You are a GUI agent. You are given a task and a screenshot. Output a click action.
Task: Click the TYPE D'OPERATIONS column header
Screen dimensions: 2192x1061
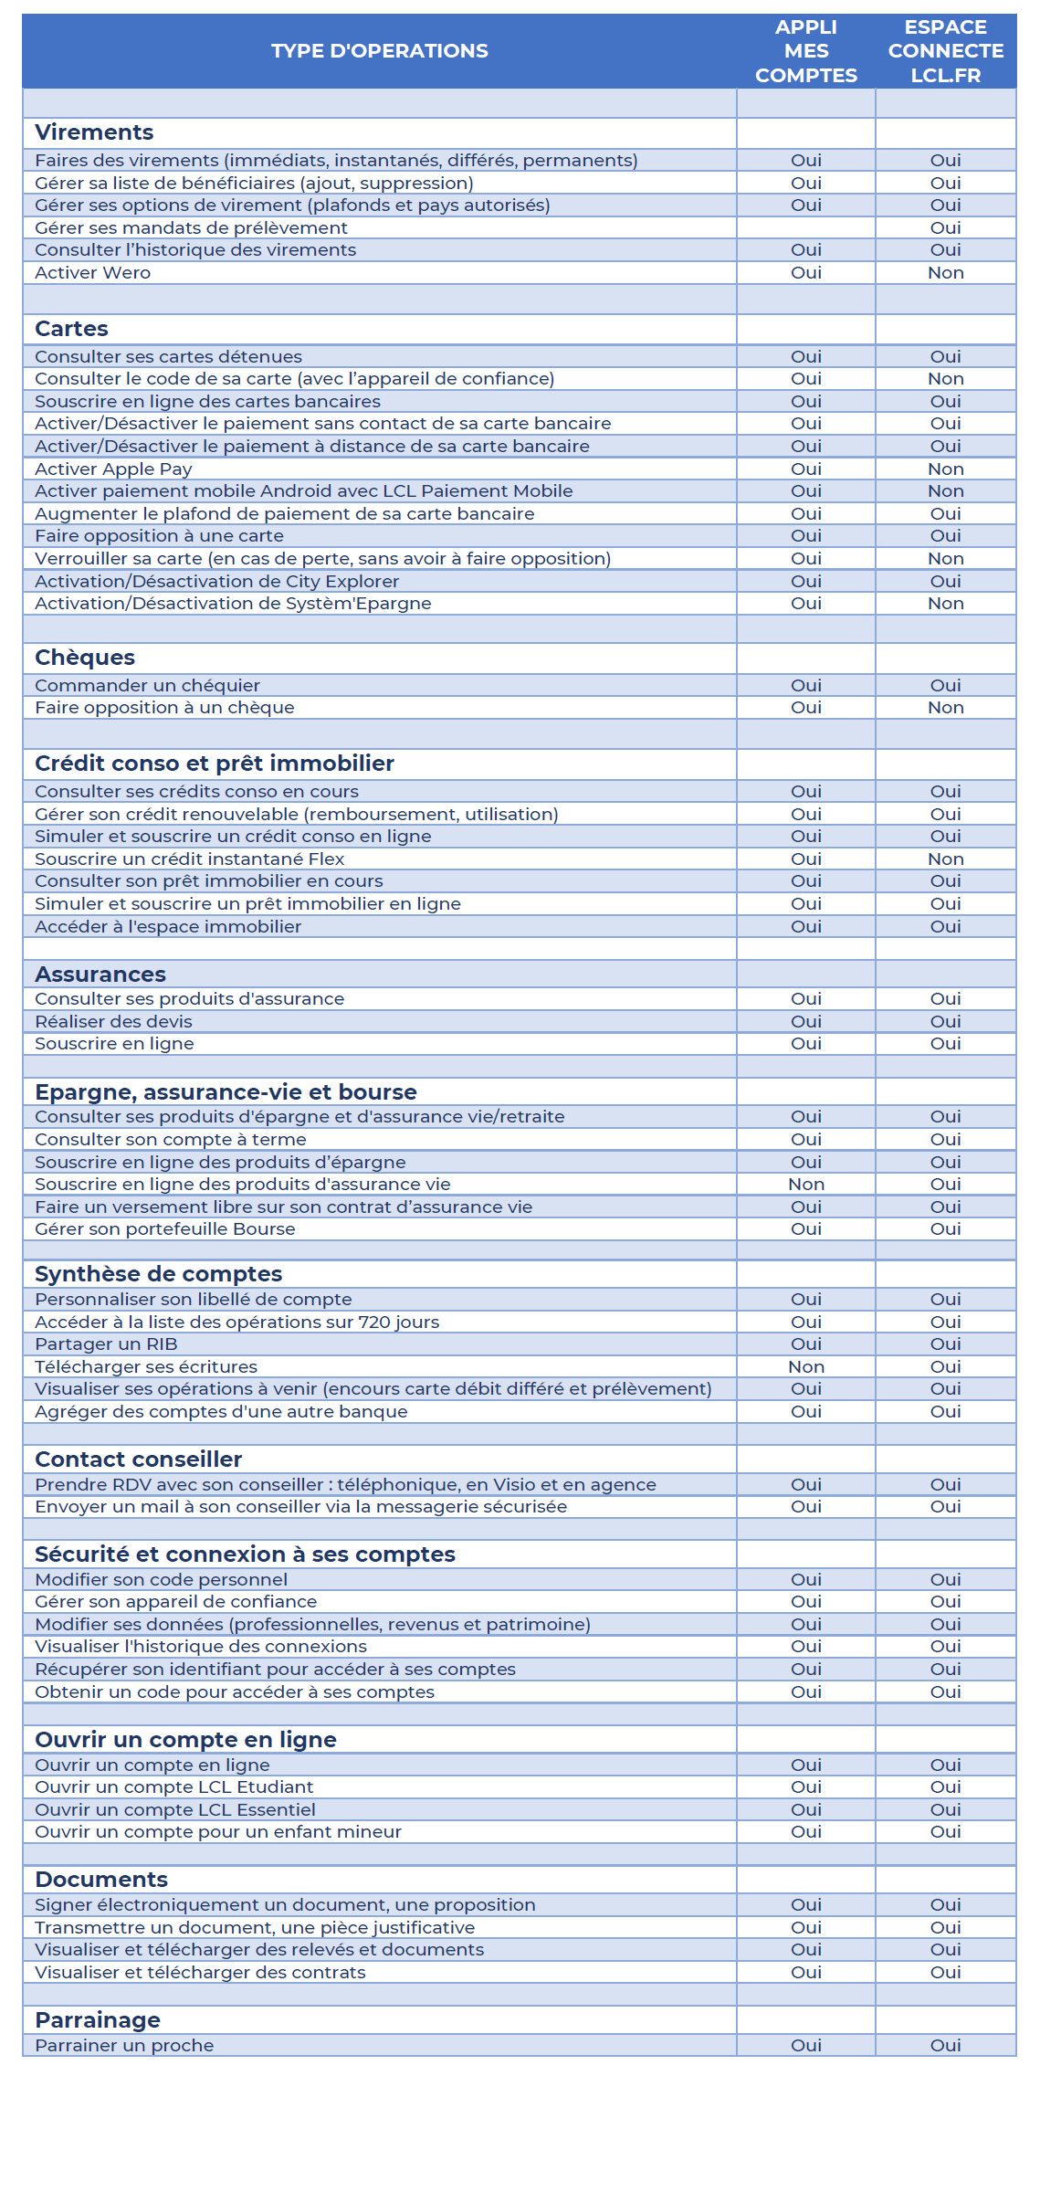pyautogui.click(x=379, y=51)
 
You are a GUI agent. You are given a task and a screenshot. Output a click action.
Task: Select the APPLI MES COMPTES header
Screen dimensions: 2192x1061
pyautogui.click(x=805, y=51)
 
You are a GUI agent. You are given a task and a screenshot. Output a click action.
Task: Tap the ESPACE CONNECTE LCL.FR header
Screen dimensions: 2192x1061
pyautogui.click(x=945, y=51)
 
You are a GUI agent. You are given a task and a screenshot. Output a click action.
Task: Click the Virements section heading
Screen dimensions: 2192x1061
pyautogui.click(x=94, y=132)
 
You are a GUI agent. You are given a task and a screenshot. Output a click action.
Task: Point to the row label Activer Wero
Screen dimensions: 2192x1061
pyautogui.click(x=92, y=273)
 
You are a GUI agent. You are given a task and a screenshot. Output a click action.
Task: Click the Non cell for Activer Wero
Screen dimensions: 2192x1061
pyautogui.click(x=945, y=273)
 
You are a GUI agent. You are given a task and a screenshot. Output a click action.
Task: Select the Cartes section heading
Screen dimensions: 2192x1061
pyautogui.click(x=71, y=329)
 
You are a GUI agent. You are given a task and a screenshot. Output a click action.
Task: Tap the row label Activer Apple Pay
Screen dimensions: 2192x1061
pyautogui.click(x=113, y=469)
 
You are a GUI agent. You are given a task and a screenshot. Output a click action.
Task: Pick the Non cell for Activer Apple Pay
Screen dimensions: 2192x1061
pyautogui.click(x=945, y=469)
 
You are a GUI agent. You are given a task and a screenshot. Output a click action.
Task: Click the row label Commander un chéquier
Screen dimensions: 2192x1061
pyautogui.click(x=147, y=686)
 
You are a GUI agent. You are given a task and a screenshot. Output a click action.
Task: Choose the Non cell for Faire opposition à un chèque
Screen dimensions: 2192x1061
pyautogui.click(x=945, y=708)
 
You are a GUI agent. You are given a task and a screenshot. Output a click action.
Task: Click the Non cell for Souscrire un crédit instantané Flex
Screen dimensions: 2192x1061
pyautogui.click(x=945, y=859)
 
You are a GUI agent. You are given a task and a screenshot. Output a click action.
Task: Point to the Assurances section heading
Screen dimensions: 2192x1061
pyautogui.click(x=100, y=975)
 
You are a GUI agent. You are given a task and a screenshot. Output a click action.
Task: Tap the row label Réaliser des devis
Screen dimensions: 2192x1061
pyautogui.click(x=113, y=1022)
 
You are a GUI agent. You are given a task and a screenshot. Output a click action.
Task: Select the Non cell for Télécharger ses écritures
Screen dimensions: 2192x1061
pyautogui.click(x=805, y=1367)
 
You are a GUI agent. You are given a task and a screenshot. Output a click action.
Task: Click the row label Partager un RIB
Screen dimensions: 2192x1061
pyautogui.click(x=106, y=1344)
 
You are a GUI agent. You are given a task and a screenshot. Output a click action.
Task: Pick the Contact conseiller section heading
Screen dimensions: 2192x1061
pyautogui.click(x=138, y=1460)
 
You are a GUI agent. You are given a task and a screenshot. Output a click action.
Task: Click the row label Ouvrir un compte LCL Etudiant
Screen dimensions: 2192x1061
pyautogui.click(x=173, y=1787)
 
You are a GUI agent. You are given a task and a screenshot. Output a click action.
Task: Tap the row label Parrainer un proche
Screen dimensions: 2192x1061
pyautogui.click(x=124, y=2046)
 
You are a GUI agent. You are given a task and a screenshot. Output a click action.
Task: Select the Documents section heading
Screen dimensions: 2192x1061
pyautogui.click(x=101, y=1880)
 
